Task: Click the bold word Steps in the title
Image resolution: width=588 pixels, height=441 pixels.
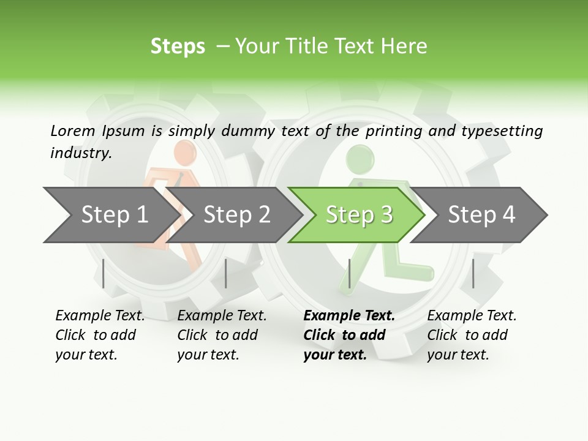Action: pos(178,47)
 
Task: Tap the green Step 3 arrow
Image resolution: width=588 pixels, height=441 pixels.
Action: pos(358,215)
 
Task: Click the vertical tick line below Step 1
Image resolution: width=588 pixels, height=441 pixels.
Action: pos(104,273)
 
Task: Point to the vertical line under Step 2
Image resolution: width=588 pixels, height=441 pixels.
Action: pos(226,273)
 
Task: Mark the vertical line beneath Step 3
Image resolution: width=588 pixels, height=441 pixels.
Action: pos(350,273)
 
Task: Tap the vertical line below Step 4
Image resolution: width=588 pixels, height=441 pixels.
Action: pos(473,273)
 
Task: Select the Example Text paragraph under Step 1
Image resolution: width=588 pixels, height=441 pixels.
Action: pos(100,334)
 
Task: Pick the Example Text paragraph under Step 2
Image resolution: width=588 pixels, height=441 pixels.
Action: pos(222,334)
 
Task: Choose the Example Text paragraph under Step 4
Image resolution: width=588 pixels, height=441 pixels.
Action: pos(472,334)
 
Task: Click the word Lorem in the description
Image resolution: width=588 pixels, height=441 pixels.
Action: pos(73,130)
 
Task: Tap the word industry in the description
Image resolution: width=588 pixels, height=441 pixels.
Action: pos(81,153)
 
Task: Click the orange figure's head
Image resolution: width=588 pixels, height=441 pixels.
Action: pos(183,152)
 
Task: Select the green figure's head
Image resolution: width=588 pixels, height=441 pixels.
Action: pos(358,158)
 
